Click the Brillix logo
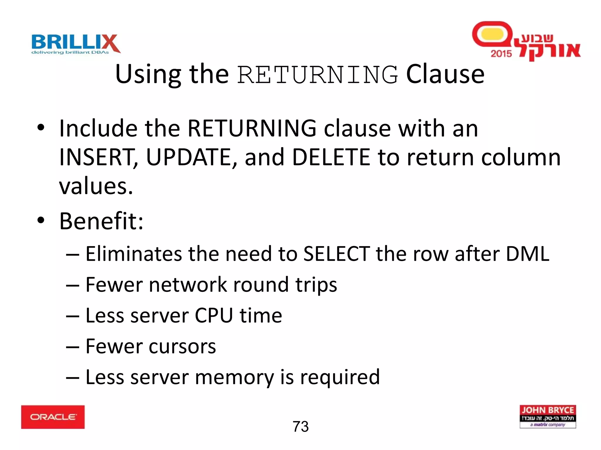point(76,44)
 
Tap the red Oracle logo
point(53,417)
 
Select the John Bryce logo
point(548,416)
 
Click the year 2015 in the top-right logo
point(501,54)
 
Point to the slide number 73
point(300,426)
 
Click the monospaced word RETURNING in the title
point(318,75)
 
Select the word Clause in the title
point(445,74)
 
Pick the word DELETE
point(331,157)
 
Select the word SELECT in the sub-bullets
point(336,254)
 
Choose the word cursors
point(182,347)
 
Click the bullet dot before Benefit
point(41,220)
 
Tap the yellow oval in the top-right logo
point(492,34)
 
